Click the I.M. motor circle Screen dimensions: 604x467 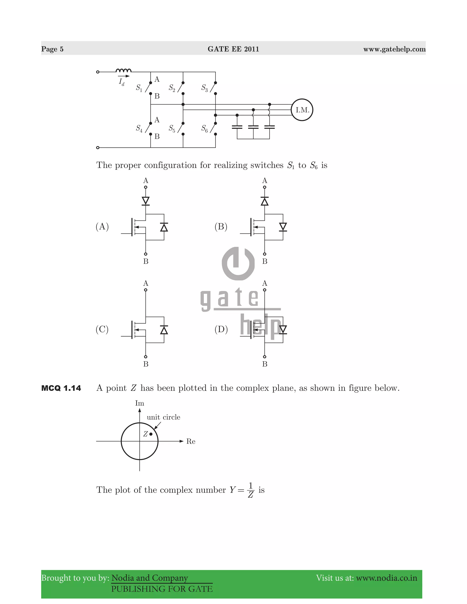pos(302,110)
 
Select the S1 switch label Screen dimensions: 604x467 pos(139,88)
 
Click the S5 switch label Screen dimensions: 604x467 pos(172,128)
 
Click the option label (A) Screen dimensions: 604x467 pos(102,227)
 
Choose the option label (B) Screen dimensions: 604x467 pos(221,227)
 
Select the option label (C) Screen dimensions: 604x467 pos(102,329)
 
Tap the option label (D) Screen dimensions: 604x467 pos(221,329)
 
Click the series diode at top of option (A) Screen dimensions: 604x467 pos(145,201)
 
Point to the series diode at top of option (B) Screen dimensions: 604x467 pos(265,201)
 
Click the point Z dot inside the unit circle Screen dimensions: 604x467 pos(151,434)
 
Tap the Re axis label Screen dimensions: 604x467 pos(191,441)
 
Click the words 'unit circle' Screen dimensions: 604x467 pos(163,417)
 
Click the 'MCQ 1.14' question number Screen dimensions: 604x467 pos(61,388)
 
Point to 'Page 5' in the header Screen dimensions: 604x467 pos(52,49)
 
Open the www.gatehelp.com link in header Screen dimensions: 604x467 pos(394,49)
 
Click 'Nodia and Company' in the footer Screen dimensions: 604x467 pos(149,578)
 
